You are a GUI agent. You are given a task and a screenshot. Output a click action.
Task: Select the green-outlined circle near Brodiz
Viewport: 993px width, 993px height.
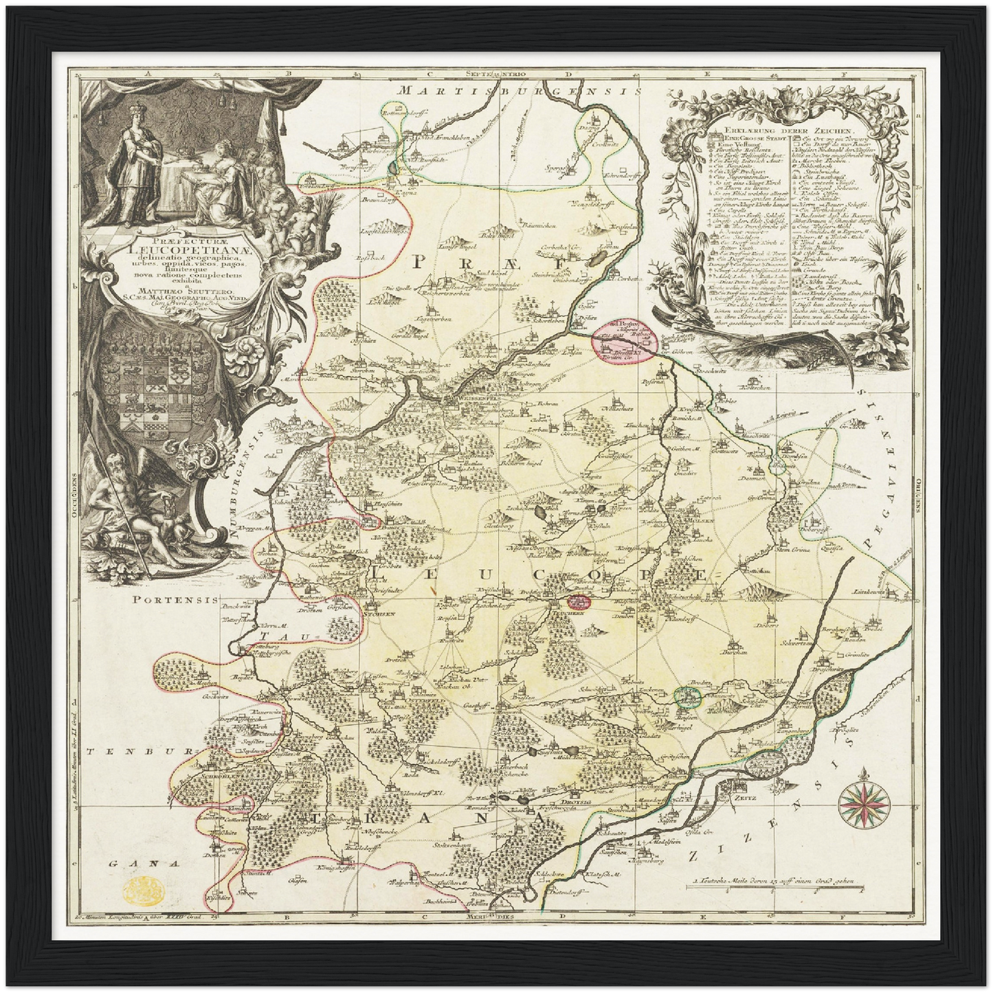(x=687, y=697)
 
